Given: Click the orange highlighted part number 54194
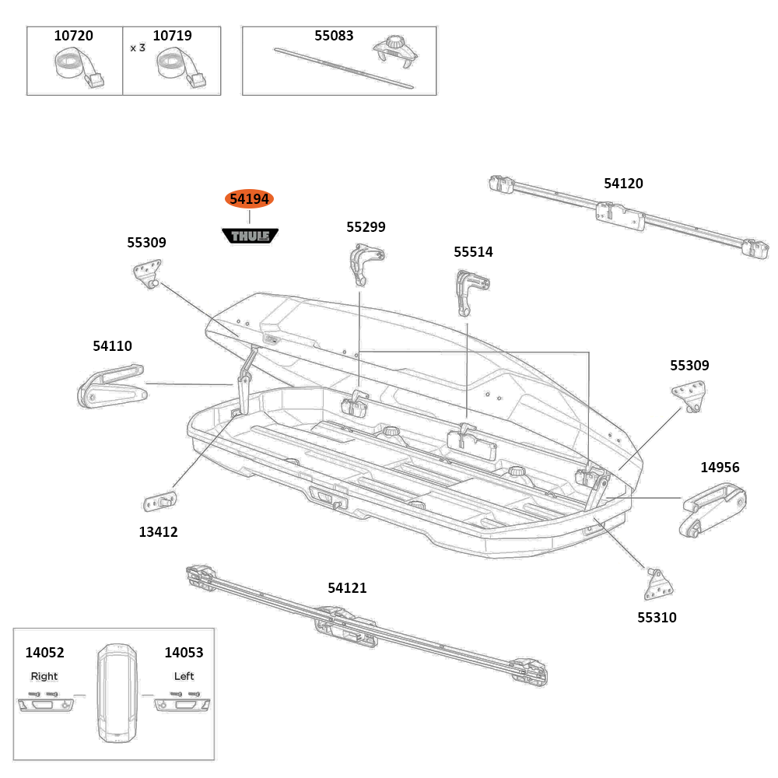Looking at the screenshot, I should tap(249, 199).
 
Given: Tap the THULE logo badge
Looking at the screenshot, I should tap(250, 235).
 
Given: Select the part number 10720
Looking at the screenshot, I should tap(73, 36).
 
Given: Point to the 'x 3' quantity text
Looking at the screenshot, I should tap(138, 47).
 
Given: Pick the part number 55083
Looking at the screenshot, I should tap(334, 36).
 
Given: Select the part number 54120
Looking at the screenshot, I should tap(623, 184).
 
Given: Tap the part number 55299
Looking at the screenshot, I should tap(366, 227).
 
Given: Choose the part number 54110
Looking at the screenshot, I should tap(112, 345).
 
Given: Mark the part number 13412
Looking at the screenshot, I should tap(159, 532).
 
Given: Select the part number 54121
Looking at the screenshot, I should tap(347, 588).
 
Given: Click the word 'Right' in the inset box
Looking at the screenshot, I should tap(44, 676).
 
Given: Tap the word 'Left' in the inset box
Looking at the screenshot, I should tap(184, 676).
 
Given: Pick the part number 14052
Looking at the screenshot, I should tap(44, 653).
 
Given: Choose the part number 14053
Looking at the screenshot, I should tap(184, 653).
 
